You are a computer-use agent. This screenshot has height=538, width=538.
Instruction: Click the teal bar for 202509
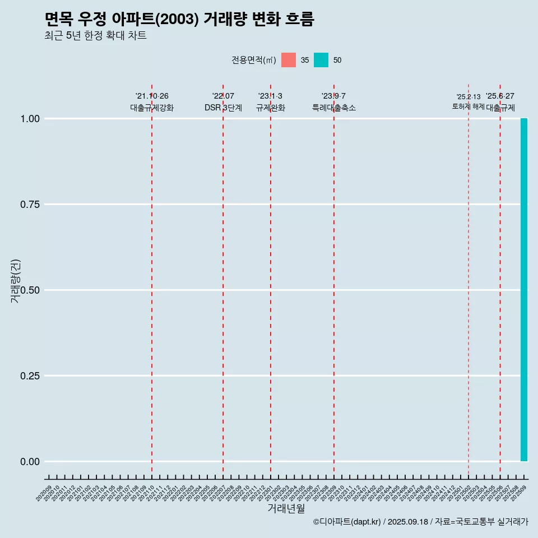click(524, 290)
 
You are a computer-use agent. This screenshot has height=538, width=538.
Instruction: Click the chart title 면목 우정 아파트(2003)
click(179, 20)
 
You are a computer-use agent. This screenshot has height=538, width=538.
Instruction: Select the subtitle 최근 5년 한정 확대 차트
click(95, 36)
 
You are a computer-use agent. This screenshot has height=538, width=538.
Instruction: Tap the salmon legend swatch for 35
click(289, 60)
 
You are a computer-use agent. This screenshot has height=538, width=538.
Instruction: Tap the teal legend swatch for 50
click(321, 60)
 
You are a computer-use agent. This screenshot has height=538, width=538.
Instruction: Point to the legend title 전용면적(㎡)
click(253, 60)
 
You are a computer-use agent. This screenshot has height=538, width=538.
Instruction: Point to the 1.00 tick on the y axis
click(30, 118)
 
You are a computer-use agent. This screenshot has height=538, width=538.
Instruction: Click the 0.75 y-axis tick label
click(30, 204)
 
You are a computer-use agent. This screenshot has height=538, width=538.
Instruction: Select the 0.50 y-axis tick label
click(30, 290)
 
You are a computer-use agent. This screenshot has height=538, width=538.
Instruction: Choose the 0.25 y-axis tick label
click(30, 375)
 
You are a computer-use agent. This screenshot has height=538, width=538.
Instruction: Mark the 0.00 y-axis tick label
click(30, 461)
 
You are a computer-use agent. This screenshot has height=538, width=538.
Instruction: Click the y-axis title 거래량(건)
click(15, 281)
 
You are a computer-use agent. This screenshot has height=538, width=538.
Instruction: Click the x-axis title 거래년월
click(286, 508)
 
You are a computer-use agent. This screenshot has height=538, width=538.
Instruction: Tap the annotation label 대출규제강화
click(152, 108)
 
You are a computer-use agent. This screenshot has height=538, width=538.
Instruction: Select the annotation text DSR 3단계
click(223, 108)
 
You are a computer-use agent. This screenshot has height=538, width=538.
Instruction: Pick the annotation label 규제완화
click(271, 108)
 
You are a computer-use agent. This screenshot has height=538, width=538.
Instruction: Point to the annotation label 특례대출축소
click(334, 108)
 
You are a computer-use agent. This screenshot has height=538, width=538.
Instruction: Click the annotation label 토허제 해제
click(468, 106)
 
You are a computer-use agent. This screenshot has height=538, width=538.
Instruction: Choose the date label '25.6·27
click(500, 96)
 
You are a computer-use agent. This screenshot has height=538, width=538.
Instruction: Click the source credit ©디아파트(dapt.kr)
click(347, 522)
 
